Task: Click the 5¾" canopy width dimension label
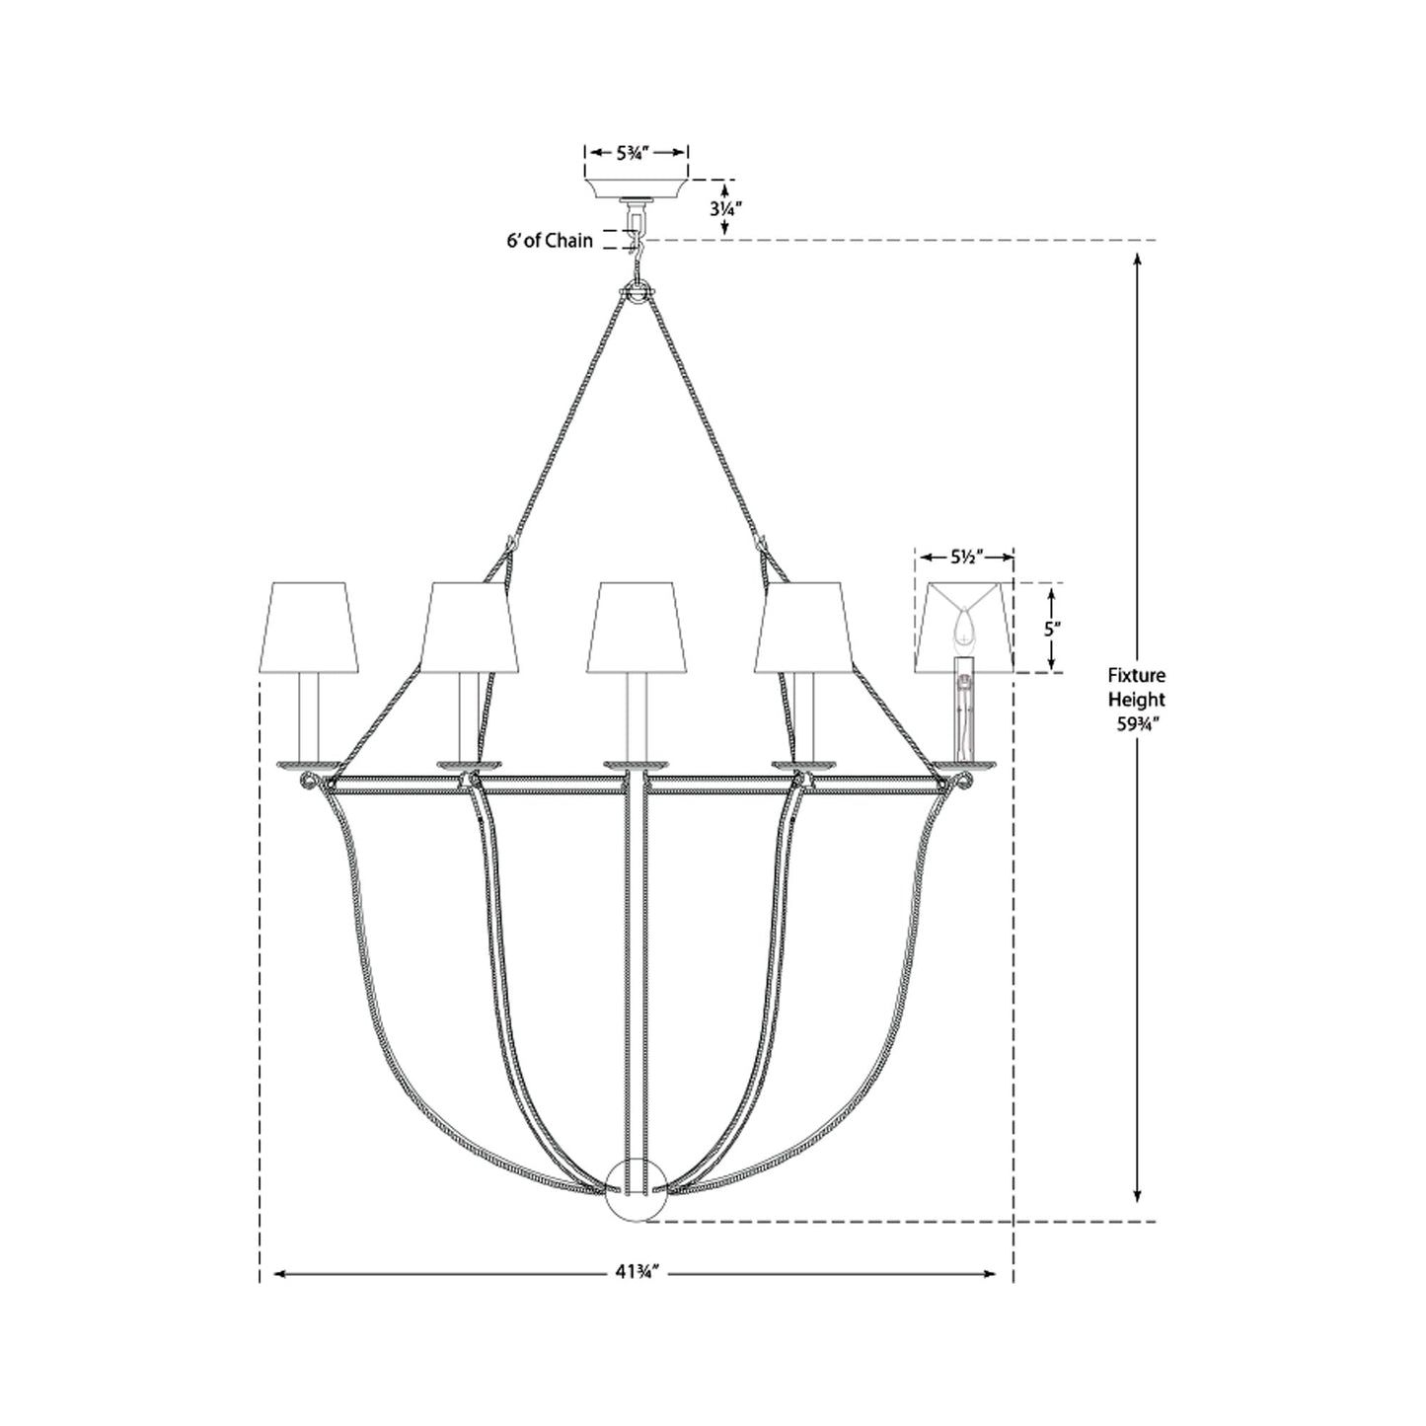[637, 153]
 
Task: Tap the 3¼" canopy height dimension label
[725, 208]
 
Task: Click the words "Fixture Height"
[1136, 687]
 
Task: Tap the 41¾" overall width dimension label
[636, 1274]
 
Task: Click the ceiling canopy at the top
[637, 188]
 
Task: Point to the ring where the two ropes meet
[637, 295]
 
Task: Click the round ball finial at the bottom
[637, 1190]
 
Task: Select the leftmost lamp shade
[306, 628]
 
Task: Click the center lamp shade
[637, 628]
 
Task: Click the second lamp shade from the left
[471, 628]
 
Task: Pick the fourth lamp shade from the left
[803, 628]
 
